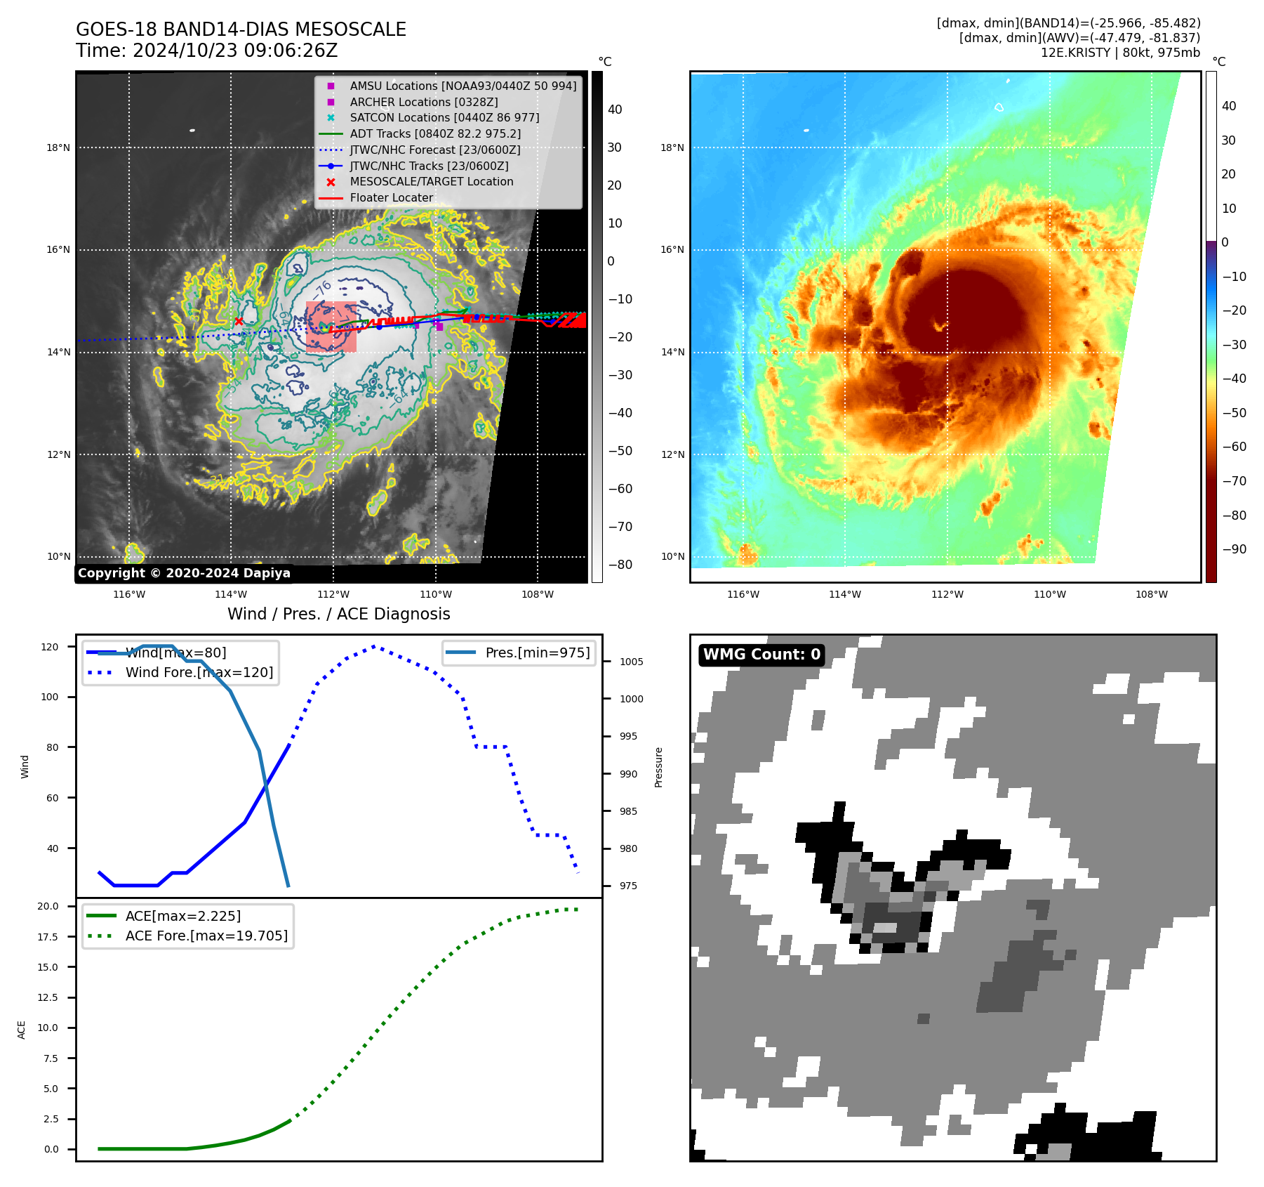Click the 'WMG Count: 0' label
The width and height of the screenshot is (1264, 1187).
pos(761,655)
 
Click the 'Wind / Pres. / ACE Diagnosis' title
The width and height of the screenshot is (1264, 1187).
pos(338,614)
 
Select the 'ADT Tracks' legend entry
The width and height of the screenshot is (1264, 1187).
pos(435,133)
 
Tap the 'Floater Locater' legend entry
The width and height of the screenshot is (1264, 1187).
pos(391,198)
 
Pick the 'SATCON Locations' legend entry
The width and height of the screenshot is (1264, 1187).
pos(444,117)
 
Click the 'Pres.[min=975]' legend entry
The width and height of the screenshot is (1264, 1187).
pos(537,652)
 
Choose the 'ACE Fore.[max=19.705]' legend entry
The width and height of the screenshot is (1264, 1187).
pos(206,936)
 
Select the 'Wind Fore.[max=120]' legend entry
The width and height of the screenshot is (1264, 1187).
pos(199,672)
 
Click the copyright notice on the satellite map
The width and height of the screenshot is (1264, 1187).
pos(184,573)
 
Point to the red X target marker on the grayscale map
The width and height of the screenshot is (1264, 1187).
pos(239,322)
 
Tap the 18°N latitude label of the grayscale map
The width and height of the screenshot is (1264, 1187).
pos(58,147)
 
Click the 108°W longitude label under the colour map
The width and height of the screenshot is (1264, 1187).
pos(1152,594)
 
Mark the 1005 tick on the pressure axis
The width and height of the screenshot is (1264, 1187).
pos(631,662)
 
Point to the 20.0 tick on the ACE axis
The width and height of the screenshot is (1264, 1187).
pos(48,906)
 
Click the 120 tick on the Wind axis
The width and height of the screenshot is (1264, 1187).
pos(50,647)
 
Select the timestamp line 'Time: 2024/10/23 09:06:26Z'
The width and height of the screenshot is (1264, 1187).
pos(207,51)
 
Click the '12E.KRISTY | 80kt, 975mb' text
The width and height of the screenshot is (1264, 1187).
pos(1120,53)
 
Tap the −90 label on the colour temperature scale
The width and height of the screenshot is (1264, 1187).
pos(1234,549)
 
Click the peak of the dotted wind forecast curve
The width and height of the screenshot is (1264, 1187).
pos(374,646)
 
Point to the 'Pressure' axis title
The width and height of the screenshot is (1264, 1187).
pos(658,767)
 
